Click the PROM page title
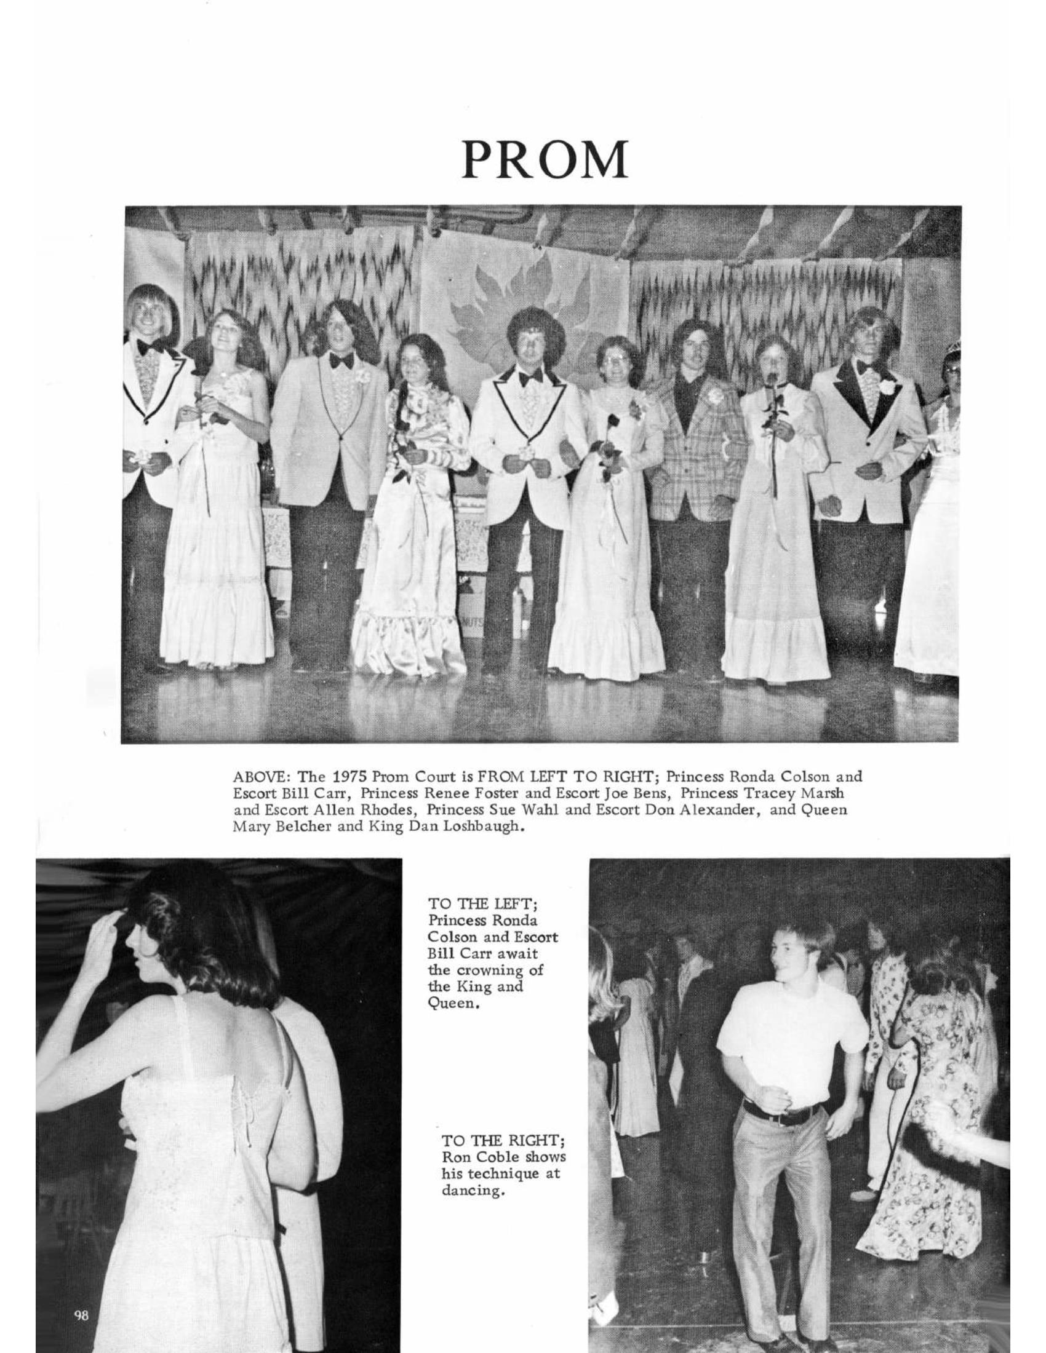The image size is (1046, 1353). pos(544,159)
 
